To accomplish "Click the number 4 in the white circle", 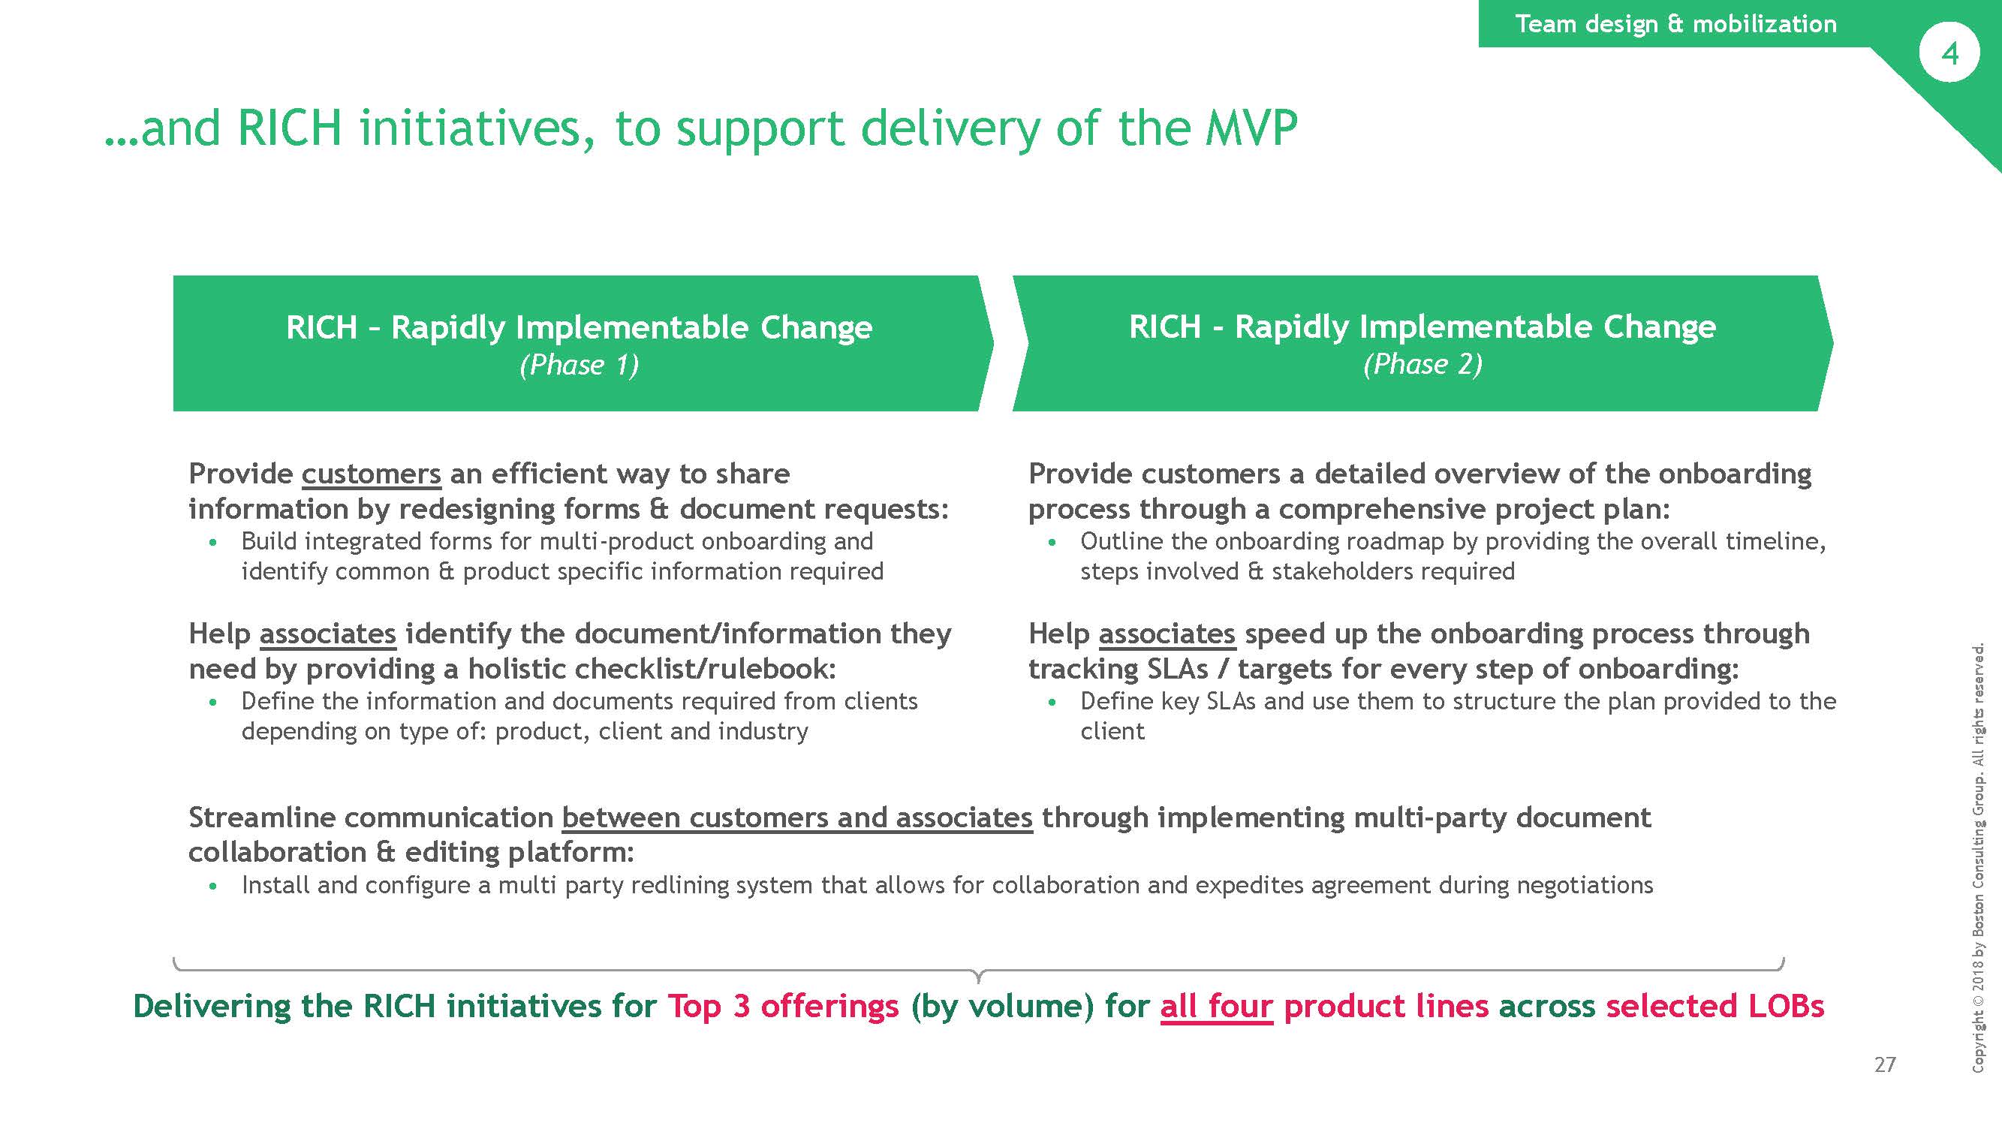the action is (1949, 53).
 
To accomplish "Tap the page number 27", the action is (1885, 1064).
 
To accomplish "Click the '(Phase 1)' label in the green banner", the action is (579, 366).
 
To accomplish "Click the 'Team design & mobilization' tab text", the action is (1676, 23).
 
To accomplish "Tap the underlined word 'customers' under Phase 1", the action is (371, 474).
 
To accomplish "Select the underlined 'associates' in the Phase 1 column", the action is (327, 634).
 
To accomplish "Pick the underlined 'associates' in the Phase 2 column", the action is (1167, 634).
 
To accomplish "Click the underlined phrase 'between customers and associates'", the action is (797, 817).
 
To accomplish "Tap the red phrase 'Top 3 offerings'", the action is (784, 1007).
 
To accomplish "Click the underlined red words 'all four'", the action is (1216, 1007).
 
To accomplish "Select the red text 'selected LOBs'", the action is (1715, 1007).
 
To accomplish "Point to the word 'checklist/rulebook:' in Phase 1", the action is (706, 669).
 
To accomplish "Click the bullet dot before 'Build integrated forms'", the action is (213, 543).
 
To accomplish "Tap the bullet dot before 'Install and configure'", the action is (213, 886).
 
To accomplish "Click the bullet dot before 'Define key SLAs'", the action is (1052, 703).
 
